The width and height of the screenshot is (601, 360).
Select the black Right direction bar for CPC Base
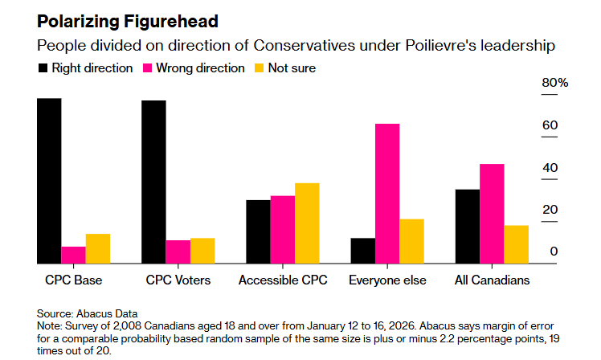(49, 181)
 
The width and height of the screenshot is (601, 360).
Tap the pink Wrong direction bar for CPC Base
(73, 255)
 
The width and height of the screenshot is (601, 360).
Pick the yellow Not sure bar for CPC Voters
(202, 251)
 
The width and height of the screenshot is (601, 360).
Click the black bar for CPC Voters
(153, 182)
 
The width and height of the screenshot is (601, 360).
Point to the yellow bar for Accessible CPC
(307, 223)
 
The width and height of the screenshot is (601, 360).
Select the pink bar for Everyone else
(387, 194)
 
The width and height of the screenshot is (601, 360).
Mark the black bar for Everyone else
(363, 251)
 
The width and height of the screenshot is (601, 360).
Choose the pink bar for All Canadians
(492, 214)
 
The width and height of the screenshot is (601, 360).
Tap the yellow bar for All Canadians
(516, 244)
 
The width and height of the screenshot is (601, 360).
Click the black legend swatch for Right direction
(43, 68)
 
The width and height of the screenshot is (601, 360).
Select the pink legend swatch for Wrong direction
(149, 68)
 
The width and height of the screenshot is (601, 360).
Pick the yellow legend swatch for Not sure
(259, 68)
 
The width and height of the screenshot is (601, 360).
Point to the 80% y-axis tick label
(555, 84)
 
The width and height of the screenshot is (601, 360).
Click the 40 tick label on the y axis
(550, 167)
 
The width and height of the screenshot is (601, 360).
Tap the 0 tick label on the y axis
(554, 252)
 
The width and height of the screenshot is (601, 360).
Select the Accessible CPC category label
(283, 281)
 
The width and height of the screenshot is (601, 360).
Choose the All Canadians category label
(493, 281)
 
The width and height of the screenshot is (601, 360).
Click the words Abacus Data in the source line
(107, 313)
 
